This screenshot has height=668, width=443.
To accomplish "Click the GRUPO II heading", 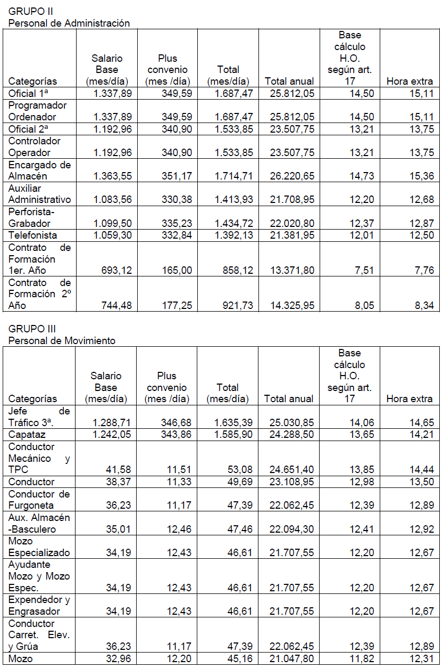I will coord(30,11).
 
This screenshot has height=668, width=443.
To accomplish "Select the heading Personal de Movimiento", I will coord(62,340).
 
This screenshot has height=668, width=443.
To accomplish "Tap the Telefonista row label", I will coord(32,235).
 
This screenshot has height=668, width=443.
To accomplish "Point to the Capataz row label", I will coord(26,435).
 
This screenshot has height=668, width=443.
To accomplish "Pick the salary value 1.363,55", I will coord(113,176).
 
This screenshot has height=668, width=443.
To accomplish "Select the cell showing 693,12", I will coord(116,271).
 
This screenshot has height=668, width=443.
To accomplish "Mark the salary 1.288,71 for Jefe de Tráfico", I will coord(112,423).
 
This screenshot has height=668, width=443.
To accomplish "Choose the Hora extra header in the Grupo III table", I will coord(409,398).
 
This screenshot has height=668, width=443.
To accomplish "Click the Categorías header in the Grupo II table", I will coord(33,81).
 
